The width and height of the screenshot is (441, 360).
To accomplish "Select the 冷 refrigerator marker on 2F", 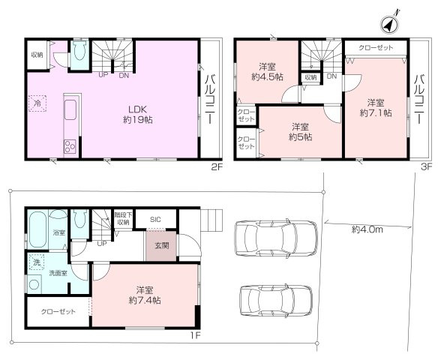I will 37,104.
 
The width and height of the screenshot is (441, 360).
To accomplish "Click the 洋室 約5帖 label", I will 302,131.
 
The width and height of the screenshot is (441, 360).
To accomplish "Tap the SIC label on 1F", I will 155,219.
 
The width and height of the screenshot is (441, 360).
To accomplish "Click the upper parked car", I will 269,239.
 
